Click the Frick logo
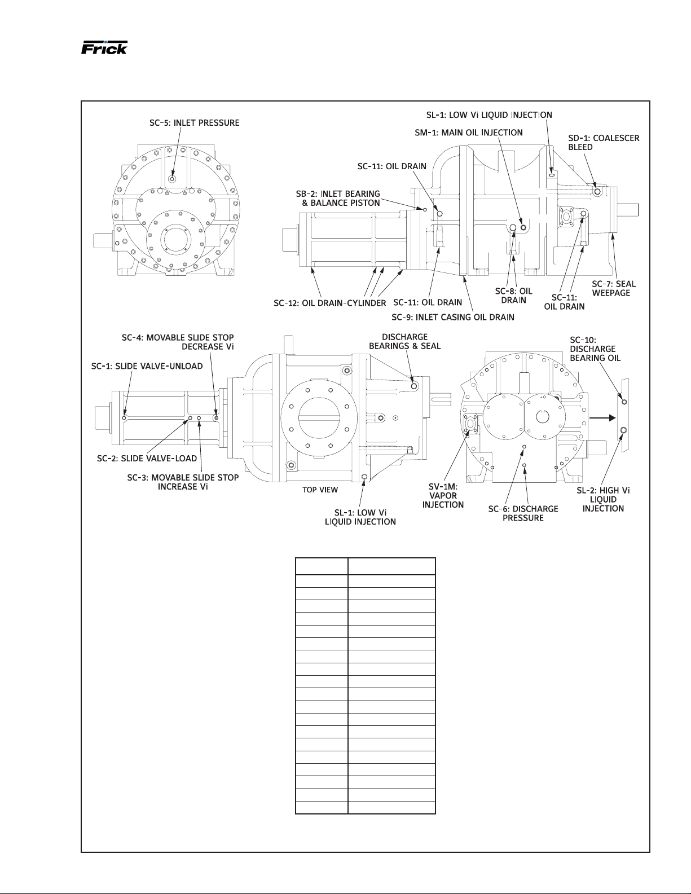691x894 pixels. pos(104,47)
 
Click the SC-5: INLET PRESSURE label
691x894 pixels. pos(194,123)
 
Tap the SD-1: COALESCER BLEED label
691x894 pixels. pos(604,142)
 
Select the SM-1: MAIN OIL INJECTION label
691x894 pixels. pos(469,133)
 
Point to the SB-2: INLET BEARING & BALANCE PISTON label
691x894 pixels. pos(338,198)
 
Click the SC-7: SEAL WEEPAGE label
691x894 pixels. pos(614,288)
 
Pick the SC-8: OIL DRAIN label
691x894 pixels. pos(514,296)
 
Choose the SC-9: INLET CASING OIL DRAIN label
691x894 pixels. pos(453,317)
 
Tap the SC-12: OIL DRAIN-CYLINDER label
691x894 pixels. pos(330,303)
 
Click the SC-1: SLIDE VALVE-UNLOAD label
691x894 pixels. pos(147,365)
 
